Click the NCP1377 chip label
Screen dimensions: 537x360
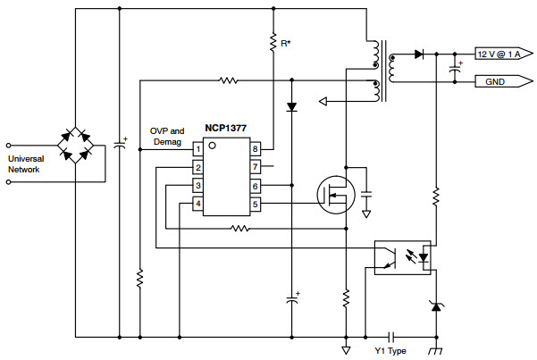click(226, 129)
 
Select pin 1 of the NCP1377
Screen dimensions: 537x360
click(197, 149)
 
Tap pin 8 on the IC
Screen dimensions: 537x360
click(256, 149)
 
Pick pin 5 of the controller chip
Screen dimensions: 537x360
click(256, 205)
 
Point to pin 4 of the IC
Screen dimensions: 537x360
click(197, 205)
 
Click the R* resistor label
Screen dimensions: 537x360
click(286, 44)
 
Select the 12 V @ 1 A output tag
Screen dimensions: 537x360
click(504, 54)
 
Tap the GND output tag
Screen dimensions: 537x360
click(504, 81)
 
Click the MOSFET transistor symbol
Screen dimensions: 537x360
click(336, 195)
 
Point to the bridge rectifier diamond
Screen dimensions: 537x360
click(76, 145)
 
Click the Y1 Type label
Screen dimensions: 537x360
click(390, 351)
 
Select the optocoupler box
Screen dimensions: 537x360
click(402, 257)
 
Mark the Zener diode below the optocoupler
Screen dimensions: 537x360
click(436, 306)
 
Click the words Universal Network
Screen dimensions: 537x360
click(26, 164)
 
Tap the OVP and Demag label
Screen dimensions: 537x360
click(167, 137)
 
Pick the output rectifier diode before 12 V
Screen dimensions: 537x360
click(418, 54)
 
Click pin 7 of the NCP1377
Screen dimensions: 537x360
click(256, 167)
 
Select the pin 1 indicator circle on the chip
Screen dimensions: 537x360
click(213, 146)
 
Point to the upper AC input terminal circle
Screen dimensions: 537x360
click(9, 146)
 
